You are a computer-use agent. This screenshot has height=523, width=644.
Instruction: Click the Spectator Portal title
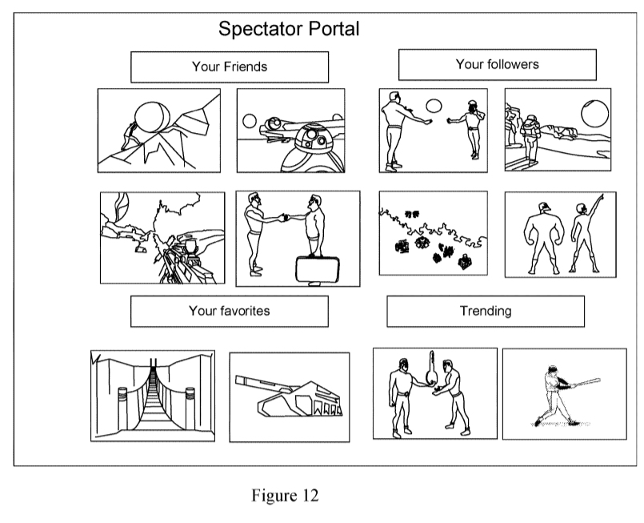pos(289,30)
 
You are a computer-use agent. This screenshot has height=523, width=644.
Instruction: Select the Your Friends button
pos(230,66)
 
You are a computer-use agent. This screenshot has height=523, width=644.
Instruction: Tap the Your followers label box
pos(497,64)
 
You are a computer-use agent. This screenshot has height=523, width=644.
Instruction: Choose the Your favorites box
pos(229,311)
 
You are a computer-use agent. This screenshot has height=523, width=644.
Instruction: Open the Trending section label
pos(485,311)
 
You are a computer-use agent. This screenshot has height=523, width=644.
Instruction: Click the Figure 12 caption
pos(285,496)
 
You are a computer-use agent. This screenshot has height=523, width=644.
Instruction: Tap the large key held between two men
pos(432,370)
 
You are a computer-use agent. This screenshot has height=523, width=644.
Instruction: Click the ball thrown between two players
pos(433,105)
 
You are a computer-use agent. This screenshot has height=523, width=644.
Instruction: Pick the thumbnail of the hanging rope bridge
pos(153,395)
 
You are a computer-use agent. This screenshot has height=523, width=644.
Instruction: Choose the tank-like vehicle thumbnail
pos(289,396)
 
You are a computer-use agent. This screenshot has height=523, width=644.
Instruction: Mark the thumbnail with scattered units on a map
pos(433,232)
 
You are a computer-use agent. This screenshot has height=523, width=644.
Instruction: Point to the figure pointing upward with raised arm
pos(582,234)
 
